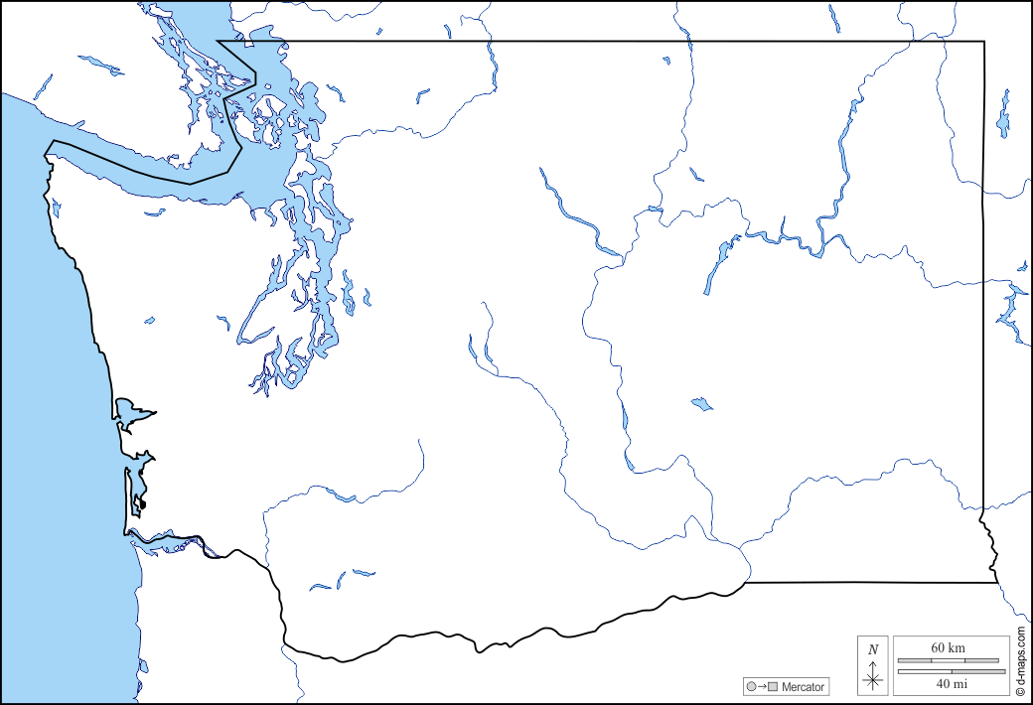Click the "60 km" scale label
[x=948, y=648]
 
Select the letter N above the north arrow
[x=873, y=650]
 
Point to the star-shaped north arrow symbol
[x=873, y=680]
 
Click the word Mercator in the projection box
[x=803, y=687]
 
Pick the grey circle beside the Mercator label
[x=750, y=687]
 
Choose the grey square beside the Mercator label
[x=772, y=687]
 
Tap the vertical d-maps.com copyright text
[x=1020, y=659]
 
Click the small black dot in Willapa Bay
[x=143, y=504]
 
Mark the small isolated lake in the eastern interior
[x=701, y=404]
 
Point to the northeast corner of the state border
[x=984, y=42]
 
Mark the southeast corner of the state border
[x=996, y=583]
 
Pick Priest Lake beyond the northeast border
[x=1004, y=114]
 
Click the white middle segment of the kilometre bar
[x=948, y=660]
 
